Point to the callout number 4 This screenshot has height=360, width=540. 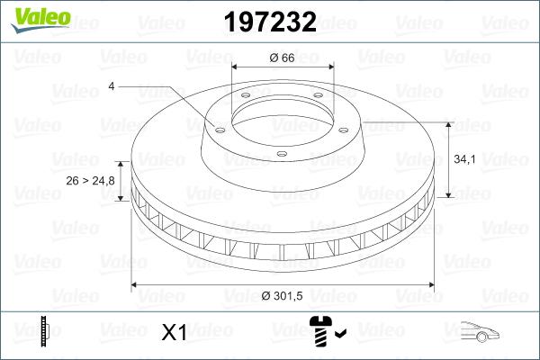click(x=111, y=86)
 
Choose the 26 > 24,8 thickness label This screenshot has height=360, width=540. click(x=91, y=181)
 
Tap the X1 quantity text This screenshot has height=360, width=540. click(x=173, y=333)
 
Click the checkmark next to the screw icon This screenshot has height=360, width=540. click(x=340, y=335)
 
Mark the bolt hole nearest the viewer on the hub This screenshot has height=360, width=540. click(x=282, y=154)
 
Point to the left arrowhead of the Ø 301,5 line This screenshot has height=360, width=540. click(x=137, y=285)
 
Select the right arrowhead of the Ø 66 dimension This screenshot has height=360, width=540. click(x=328, y=67)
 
